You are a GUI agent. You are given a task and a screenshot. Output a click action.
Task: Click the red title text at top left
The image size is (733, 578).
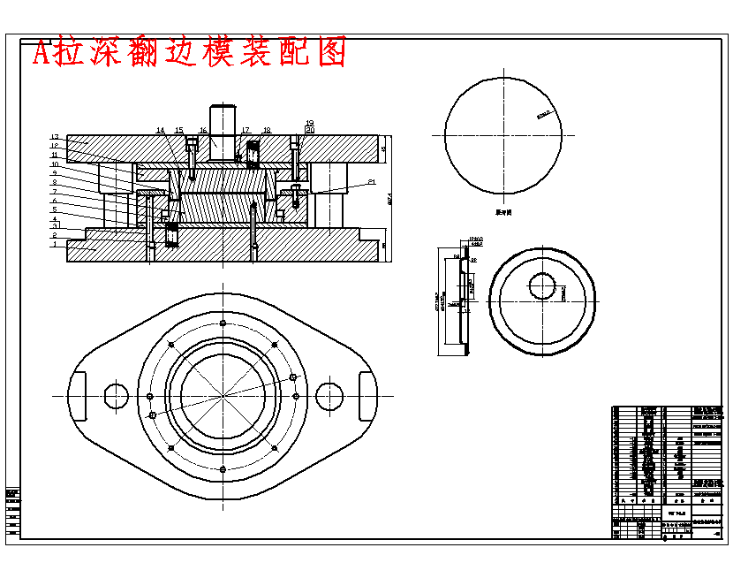tap(189, 53)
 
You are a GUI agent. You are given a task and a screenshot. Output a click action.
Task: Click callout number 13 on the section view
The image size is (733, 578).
tap(54, 136)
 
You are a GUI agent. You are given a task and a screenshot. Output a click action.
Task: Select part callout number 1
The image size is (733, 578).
tap(54, 245)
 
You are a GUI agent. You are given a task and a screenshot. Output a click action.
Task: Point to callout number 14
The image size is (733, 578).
tap(161, 131)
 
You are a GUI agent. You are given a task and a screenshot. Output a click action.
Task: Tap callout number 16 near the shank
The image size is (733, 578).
tap(202, 131)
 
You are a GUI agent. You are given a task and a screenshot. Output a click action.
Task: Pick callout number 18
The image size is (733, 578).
tap(267, 131)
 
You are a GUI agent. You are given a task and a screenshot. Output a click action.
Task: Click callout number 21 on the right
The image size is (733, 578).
tap(371, 182)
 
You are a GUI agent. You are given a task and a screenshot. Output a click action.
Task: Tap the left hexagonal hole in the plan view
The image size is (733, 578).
tap(117, 395)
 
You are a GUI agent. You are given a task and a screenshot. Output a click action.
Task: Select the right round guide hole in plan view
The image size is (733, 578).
tap(329, 395)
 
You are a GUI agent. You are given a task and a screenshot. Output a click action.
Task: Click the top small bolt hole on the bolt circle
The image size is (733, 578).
tap(223, 323)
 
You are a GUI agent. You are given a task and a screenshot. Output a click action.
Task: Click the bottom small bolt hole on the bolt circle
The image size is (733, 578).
tap(223, 468)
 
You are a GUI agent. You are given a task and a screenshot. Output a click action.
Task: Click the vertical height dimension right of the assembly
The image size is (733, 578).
tap(390, 199)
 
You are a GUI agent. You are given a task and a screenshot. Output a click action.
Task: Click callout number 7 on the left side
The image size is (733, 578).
tap(54, 191)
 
